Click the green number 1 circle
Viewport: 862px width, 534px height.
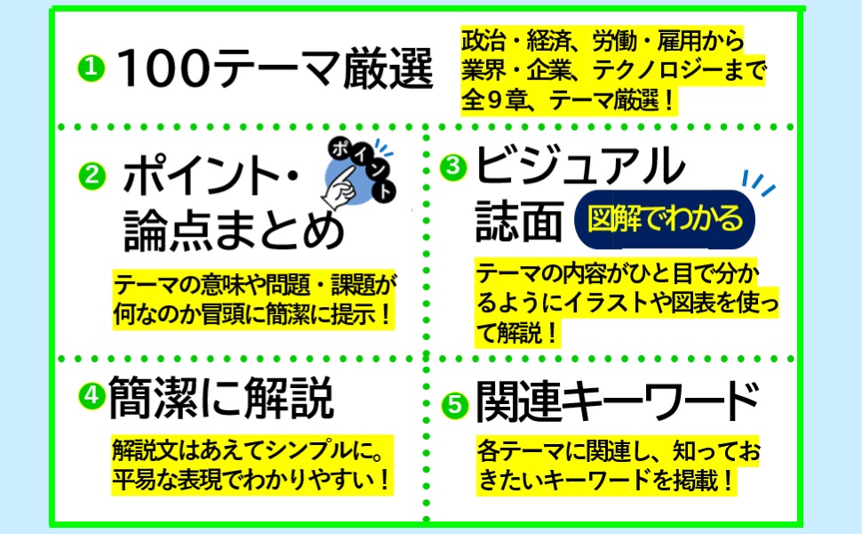pyautogui.click(x=91, y=68)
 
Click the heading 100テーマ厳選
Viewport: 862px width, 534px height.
pyautogui.click(x=275, y=69)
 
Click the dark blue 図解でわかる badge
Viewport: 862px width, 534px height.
pyautogui.click(x=664, y=218)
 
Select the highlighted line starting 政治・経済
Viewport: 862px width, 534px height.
pyautogui.click(x=602, y=40)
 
